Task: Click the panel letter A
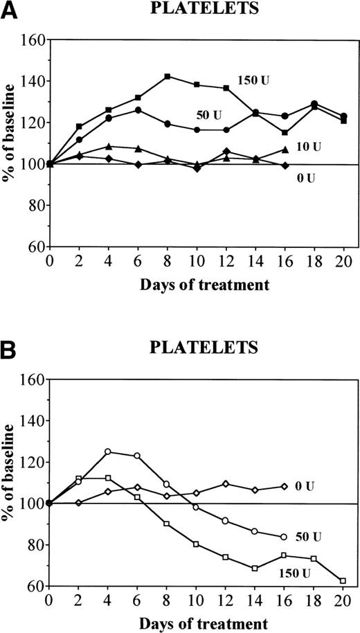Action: (x=9, y=10)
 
